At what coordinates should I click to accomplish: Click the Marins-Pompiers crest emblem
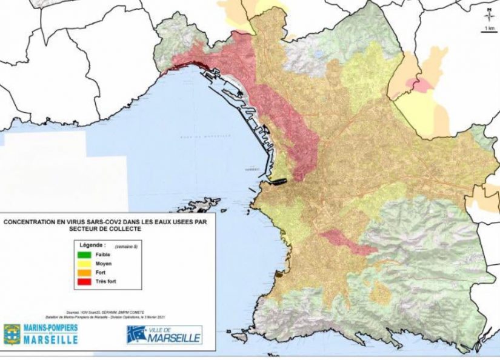(x=12, y=334)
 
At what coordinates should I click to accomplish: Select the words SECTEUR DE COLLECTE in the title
(x=106, y=230)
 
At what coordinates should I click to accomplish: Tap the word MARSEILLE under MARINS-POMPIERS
(x=51, y=340)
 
